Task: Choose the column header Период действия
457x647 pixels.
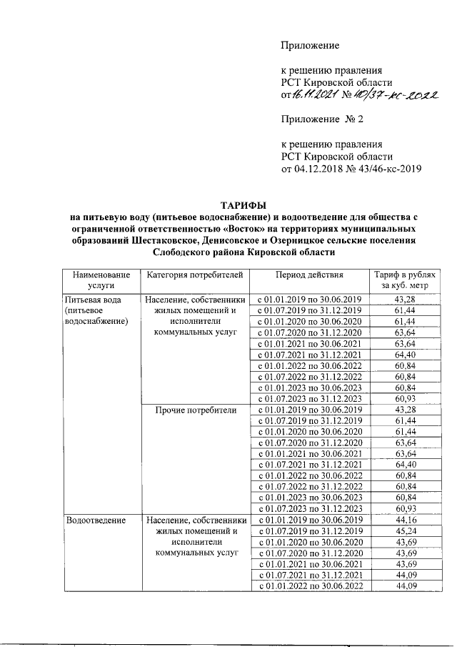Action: pos(310,275)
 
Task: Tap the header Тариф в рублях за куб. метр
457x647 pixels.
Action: pos(404,280)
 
